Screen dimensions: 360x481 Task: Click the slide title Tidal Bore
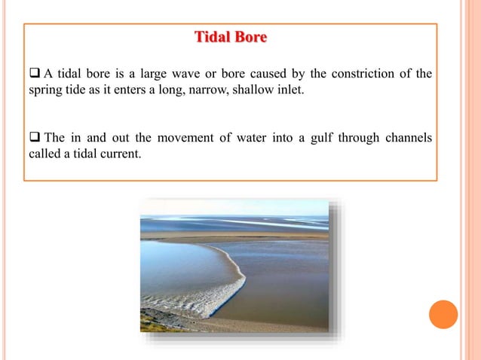[x=231, y=37]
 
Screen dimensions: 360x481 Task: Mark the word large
[x=164, y=73]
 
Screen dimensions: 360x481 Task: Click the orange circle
[x=443, y=315]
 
